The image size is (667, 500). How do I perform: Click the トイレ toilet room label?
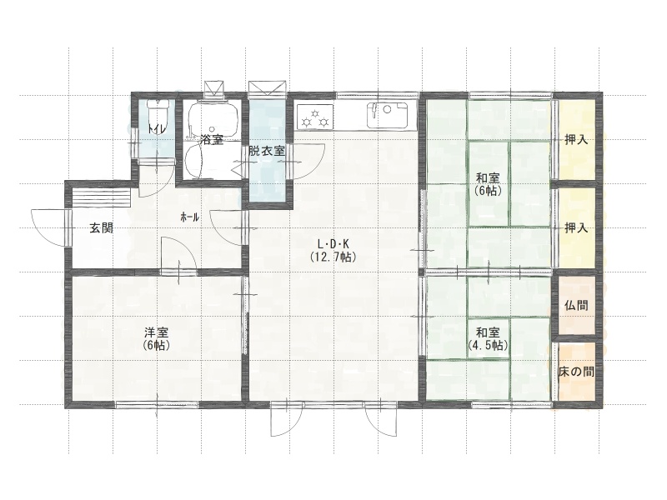[x=157, y=127]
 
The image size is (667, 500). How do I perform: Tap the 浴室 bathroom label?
[x=212, y=139]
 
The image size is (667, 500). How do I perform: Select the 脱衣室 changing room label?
[x=266, y=151]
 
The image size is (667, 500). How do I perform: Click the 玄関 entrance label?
[x=101, y=228]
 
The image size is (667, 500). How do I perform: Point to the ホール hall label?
[x=190, y=217]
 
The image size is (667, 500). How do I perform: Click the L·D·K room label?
[x=333, y=243]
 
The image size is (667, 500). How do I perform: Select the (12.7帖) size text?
[x=333, y=257]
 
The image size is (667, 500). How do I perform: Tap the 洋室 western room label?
[x=157, y=332]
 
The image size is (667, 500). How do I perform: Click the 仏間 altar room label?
[x=576, y=305]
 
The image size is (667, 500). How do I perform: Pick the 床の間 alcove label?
[x=576, y=372]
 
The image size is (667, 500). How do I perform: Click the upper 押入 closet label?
[x=576, y=139]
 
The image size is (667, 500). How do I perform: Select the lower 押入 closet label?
[x=576, y=228]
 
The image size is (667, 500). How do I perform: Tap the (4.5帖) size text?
[x=488, y=345]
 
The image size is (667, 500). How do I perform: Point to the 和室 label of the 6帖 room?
[x=488, y=177]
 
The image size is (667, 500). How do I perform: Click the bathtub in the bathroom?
[x=213, y=117]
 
